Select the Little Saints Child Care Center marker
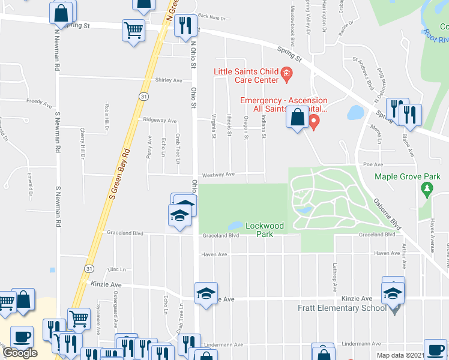tap(286, 76)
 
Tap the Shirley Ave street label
tap(168, 80)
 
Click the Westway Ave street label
tap(218, 175)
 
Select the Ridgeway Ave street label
tap(160, 120)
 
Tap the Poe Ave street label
tap(373, 164)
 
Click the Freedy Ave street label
tap(39, 103)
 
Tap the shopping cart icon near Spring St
tap(133, 29)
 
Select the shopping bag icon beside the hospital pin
tap(297, 117)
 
